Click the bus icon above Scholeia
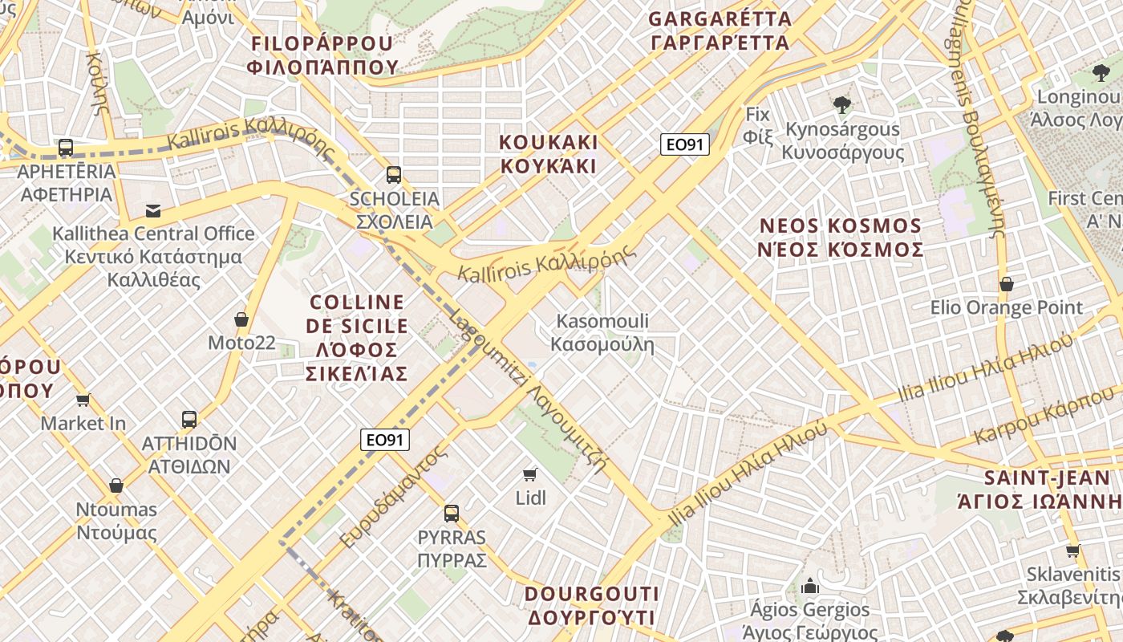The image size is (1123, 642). pyautogui.click(x=393, y=174)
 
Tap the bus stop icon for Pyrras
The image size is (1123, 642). pyautogui.click(x=452, y=513)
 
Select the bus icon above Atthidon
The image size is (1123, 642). pyautogui.click(x=189, y=419)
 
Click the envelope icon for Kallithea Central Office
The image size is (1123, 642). pyautogui.click(x=153, y=211)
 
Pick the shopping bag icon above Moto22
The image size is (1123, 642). pyautogui.click(x=241, y=319)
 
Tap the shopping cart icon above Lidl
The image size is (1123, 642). pyautogui.click(x=529, y=473)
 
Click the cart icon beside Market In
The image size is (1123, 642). pyautogui.click(x=83, y=400)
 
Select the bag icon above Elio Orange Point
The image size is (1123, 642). pyautogui.click(x=1006, y=284)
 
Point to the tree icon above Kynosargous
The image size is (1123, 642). pyautogui.click(x=841, y=104)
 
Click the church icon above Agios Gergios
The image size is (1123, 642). pyautogui.click(x=810, y=585)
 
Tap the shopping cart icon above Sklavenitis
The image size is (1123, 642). pyautogui.click(x=1072, y=551)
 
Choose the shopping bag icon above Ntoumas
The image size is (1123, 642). pyautogui.click(x=116, y=486)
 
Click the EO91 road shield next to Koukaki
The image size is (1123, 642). pyautogui.click(x=685, y=144)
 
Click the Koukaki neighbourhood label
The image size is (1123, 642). pyautogui.click(x=549, y=154)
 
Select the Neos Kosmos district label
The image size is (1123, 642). pyautogui.click(x=841, y=237)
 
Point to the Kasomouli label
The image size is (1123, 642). pyautogui.click(x=602, y=333)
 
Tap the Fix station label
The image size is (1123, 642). pyautogui.click(x=757, y=125)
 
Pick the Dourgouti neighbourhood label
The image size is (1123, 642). pyautogui.click(x=591, y=606)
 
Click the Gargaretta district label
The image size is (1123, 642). pyautogui.click(x=720, y=30)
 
